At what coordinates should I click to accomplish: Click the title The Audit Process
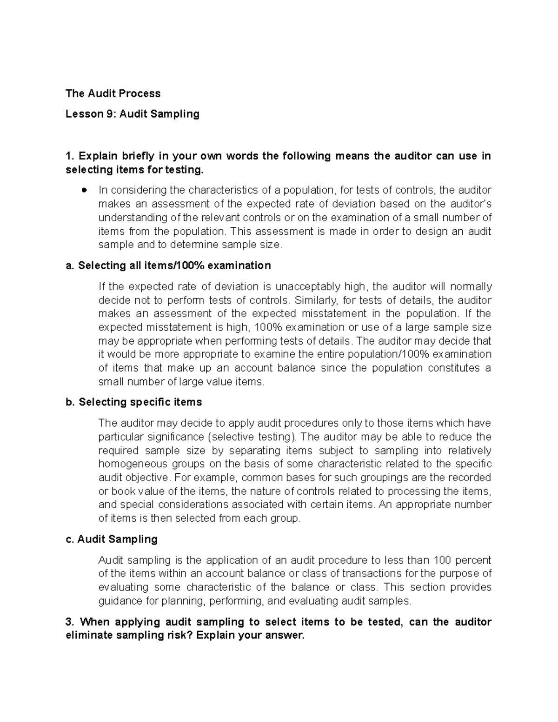click(113, 93)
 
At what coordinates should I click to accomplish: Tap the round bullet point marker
click(84, 190)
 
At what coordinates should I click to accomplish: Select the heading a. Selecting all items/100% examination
click(168, 265)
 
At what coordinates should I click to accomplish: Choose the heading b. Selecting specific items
click(134, 402)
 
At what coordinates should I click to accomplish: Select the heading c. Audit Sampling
click(112, 539)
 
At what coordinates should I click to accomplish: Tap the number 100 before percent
click(442, 560)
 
